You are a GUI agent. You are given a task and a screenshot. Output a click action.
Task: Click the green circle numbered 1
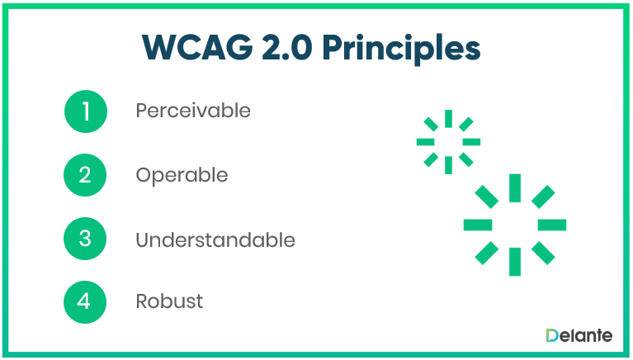click(x=86, y=111)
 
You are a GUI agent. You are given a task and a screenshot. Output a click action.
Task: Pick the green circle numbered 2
click(x=86, y=175)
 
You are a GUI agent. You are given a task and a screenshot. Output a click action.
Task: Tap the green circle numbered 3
click(x=86, y=239)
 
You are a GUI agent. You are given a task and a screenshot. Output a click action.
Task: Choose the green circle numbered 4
click(x=86, y=301)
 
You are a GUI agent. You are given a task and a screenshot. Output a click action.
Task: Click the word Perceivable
click(x=193, y=110)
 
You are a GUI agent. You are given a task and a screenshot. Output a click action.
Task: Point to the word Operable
click(x=182, y=175)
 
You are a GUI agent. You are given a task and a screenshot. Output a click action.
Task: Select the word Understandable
click(x=215, y=239)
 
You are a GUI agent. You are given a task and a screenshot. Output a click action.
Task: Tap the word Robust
click(x=169, y=301)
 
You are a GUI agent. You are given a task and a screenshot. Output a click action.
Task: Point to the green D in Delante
click(x=552, y=335)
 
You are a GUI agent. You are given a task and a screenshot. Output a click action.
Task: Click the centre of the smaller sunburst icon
click(x=448, y=142)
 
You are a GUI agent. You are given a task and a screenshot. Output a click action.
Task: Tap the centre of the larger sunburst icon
click(x=515, y=225)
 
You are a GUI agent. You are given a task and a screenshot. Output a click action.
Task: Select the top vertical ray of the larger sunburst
click(x=515, y=187)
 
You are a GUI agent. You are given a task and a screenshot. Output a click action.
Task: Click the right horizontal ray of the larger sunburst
click(x=552, y=225)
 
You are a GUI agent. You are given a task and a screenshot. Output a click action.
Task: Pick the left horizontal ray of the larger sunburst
click(x=478, y=225)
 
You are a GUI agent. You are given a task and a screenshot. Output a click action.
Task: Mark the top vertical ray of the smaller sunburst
click(x=448, y=118)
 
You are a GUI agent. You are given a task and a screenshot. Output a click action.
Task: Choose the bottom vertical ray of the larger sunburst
click(x=515, y=261)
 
